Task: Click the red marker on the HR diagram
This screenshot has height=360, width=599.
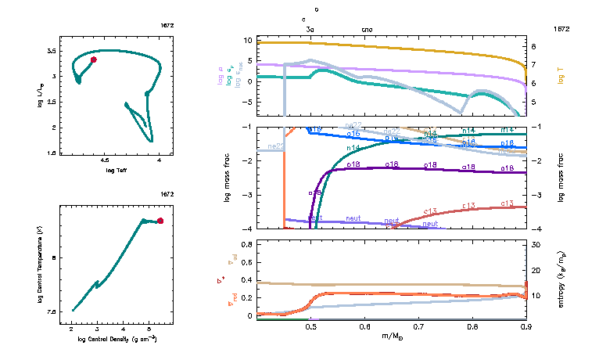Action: (x=94, y=59)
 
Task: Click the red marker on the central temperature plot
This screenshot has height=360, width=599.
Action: (x=160, y=221)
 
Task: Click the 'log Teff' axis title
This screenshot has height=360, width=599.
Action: (x=116, y=170)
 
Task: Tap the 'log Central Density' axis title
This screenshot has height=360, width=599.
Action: (x=117, y=340)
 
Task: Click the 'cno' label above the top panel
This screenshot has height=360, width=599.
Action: (x=368, y=29)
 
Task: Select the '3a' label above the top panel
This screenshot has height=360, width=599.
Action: (x=310, y=29)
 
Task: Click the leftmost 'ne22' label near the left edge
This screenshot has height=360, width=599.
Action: (x=275, y=146)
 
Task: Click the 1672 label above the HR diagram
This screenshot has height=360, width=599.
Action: (x=167, y=27)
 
